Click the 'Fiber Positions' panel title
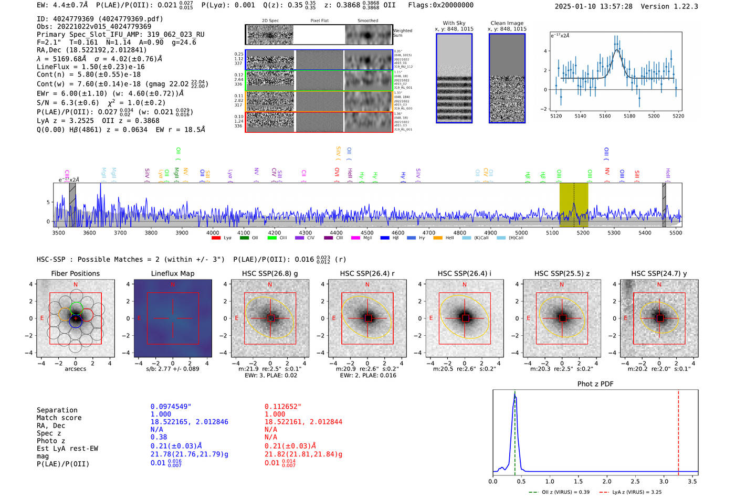[x=75, y=273]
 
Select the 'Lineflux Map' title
[x=172, y=273]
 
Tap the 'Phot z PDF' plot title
[x=595, y=384]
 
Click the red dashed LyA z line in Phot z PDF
[x=678, y=430]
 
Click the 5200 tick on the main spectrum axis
[x=583, y=232]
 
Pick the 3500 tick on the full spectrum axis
[x=58, y=232]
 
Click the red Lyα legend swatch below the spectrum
[x=216, y=238]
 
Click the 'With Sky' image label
[x=454, y=23]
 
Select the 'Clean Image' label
[x=507, y=23]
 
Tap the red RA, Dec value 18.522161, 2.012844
[x=303, y=422]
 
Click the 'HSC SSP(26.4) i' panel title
[x=465, y=273]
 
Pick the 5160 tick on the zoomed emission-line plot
[x=605, y=116]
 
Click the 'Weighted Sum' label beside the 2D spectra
[x=403, y=33]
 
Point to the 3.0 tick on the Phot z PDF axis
[x=664, y=481]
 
